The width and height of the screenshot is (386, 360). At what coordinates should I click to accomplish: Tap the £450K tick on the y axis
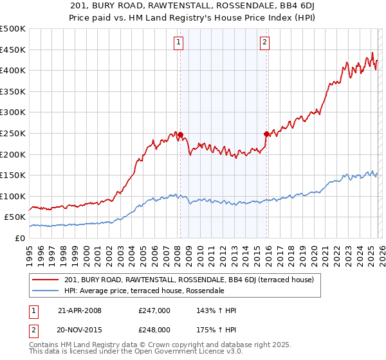point(13,50)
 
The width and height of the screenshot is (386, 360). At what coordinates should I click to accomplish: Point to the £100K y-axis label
point(13,196)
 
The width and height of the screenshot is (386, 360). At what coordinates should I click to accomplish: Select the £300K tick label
point(13,113)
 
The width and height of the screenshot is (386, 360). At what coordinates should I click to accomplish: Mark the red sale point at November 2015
point(266,134)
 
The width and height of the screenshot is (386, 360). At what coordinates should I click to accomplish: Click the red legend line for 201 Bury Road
point(46,280)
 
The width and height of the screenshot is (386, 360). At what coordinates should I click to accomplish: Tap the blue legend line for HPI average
point(46,291)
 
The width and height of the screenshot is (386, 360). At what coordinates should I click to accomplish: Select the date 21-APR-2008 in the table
point(80,310)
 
